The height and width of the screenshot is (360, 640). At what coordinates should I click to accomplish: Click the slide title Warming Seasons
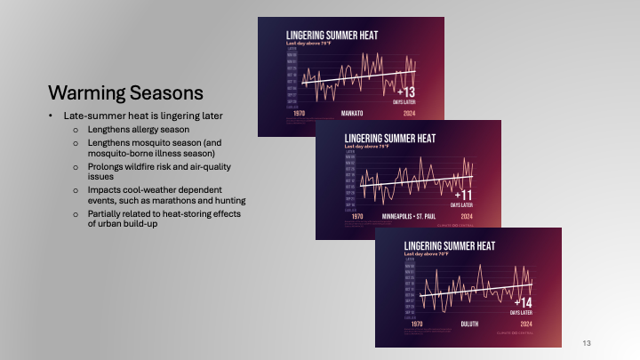pyautogui.click(x=125, y=92)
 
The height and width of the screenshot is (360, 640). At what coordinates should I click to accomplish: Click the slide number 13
pyautogui.click(x=586, y=343)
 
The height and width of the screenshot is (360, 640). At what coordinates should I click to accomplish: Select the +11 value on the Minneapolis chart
pyautogui.click(x=461, y=194)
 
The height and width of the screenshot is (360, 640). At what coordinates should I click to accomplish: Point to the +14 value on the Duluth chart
pyautogui.click(x=520, y=303)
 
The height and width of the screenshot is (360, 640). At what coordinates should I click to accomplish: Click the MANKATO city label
pyautogui.click(x=354, y=114)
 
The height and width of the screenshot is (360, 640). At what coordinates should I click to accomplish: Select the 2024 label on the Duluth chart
pyautogui.click(x=524, y=325)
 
